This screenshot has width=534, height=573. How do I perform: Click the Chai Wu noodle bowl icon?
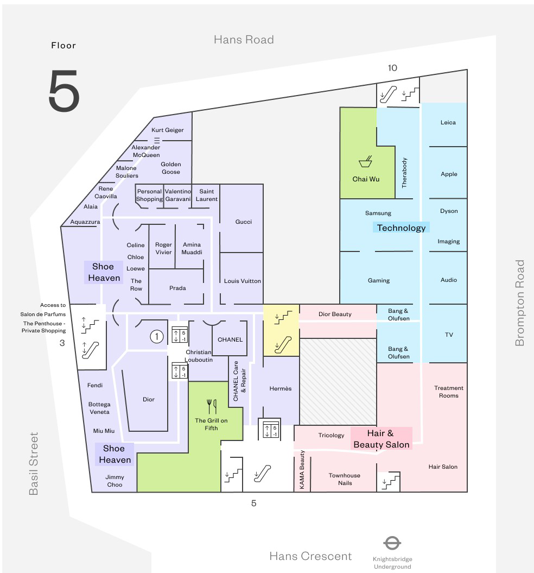tap(366, 161)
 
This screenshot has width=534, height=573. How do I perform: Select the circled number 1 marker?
tap(157, 337)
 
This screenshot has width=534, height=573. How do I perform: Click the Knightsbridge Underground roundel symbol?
tap(392, 543)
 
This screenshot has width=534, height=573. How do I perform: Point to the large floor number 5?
tap(64, 91)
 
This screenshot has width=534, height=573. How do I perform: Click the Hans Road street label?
tap(244, 40)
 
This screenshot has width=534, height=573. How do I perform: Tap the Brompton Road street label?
tap(520, 303)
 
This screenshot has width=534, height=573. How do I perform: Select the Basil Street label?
tap(34, 463)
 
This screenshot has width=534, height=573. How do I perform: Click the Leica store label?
tap(448, 123)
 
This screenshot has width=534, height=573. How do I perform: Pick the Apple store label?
tap(449, 174)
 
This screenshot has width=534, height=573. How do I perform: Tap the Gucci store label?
tap(244, 222)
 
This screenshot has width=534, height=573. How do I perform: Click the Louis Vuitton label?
tap(243, 281)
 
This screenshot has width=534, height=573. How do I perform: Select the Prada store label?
tap(177, 288)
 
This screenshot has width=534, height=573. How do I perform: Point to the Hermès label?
tap(281, 388)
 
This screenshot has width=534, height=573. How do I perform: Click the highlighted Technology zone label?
tap(401, 228)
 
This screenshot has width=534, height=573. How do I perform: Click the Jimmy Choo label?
tap(115, 481)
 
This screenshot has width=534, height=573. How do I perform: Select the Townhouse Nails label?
tap(345, 479)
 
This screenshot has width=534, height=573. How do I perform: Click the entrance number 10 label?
tap(392, 68)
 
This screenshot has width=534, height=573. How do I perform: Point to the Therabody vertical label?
tap(404, 173)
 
